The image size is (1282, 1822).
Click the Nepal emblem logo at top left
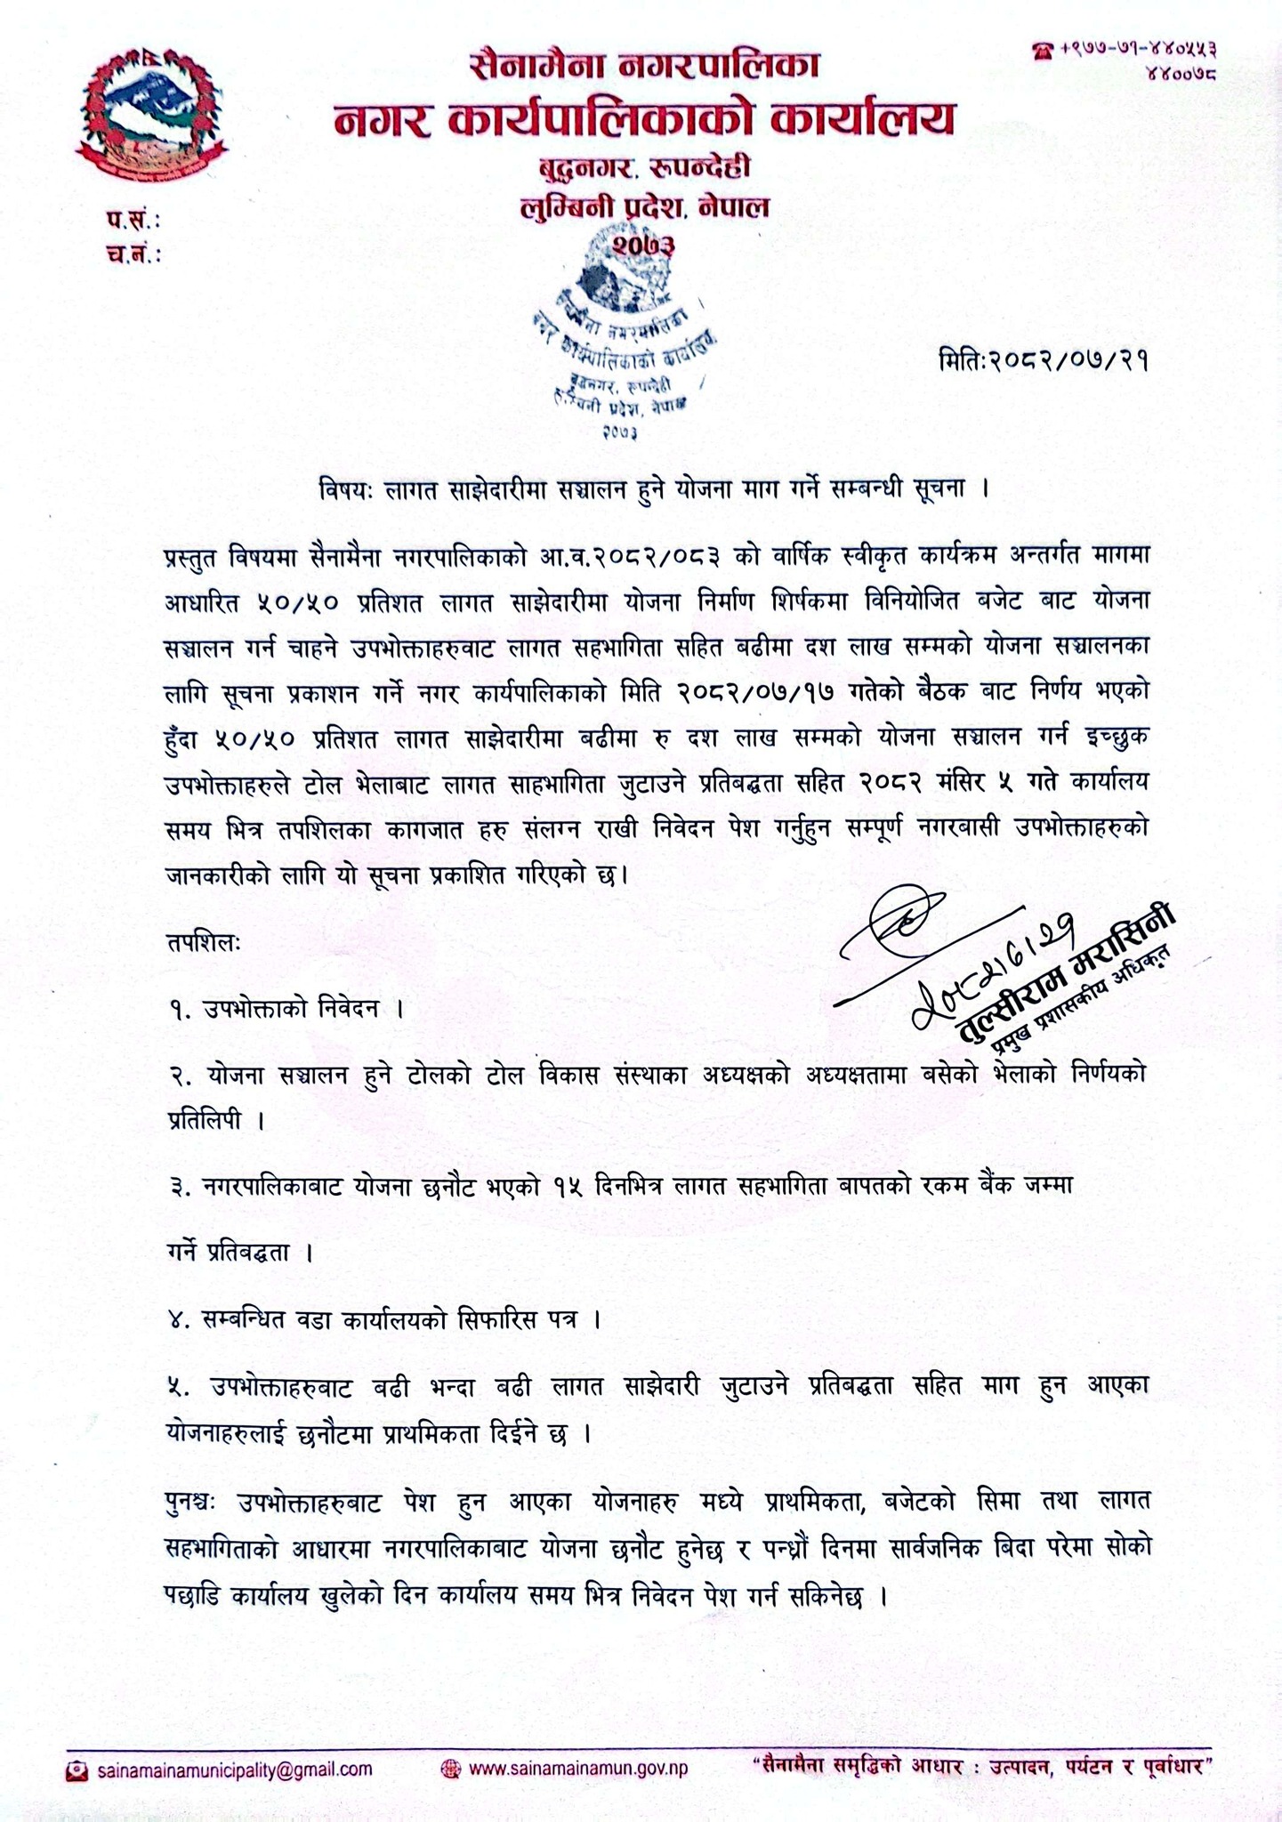coord(150,115)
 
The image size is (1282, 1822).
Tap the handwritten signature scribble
coord(899,930)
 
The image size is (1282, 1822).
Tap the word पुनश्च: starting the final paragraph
coord(198,1503)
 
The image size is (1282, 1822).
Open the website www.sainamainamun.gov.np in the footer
coord(577,1769)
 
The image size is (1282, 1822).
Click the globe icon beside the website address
coord(451,1769)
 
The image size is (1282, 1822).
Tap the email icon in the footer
coord(77,1769)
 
